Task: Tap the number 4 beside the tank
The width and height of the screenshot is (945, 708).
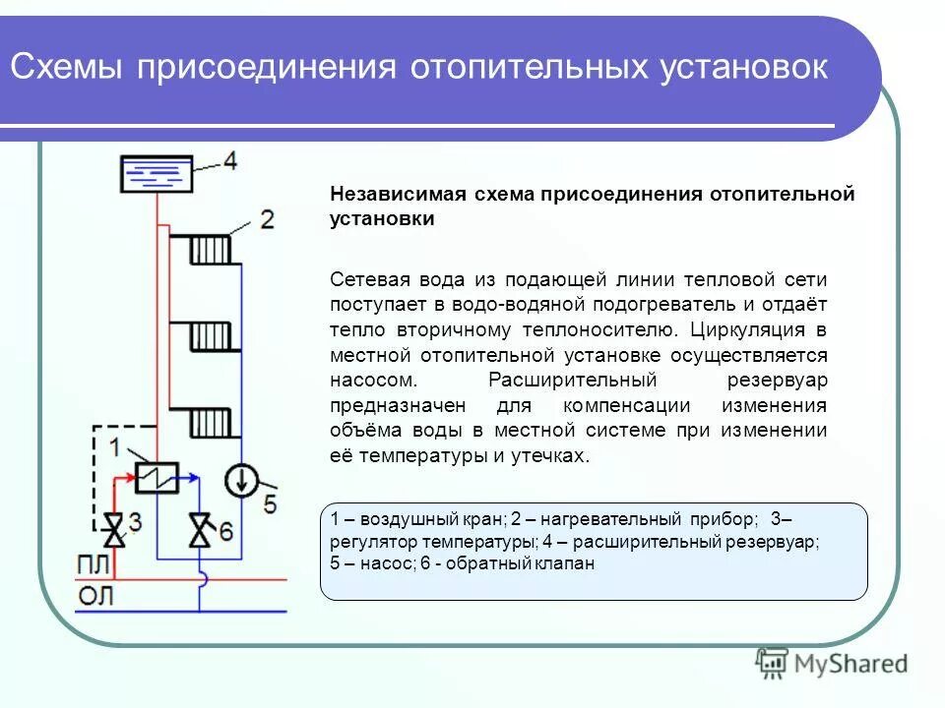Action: pyautogui.click(x=228, y=161)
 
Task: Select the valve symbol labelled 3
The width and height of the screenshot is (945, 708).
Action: pyautogui.click(x=115, y=530)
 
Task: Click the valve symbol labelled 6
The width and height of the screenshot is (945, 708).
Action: pyautogui.click(x=200, y=531)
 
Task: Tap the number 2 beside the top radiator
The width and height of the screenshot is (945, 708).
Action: pyautogui.click(x=267, y=218)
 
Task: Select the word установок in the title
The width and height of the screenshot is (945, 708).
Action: pyautogui.click(x=746, y=69)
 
